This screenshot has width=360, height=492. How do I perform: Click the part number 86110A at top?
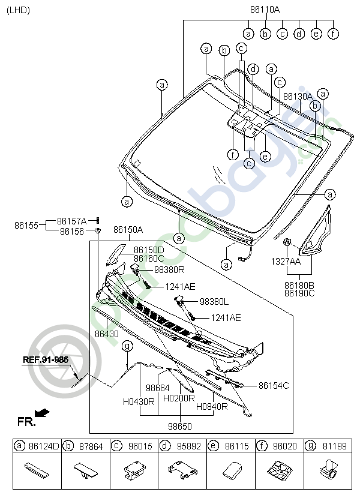tap(265, 10)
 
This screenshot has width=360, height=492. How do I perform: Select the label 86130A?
tap(298, 96)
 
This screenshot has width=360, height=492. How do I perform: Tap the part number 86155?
tap(26, 226)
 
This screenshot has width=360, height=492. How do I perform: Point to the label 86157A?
tap(72, 221)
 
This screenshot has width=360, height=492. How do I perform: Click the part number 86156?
tap(71, 231)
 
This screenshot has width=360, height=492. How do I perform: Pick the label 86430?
tap(106, 332)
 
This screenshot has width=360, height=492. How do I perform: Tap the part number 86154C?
tap(274, 385)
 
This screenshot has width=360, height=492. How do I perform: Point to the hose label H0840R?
tap(212, 406)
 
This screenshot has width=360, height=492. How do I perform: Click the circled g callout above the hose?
tap(127, 346)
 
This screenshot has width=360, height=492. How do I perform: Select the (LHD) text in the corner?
tap(18, 10)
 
